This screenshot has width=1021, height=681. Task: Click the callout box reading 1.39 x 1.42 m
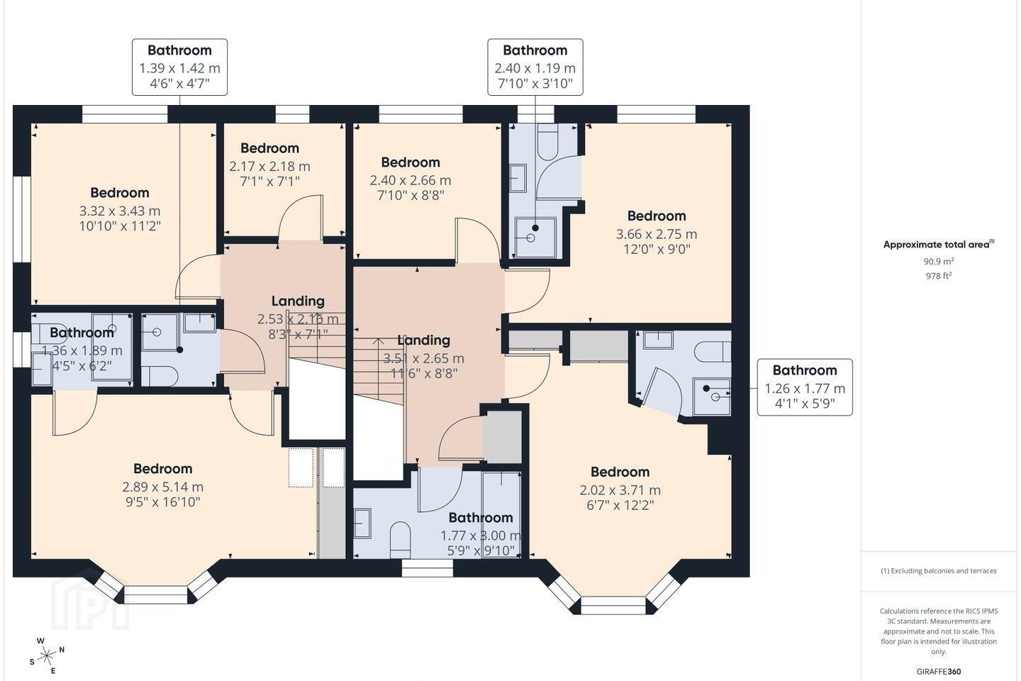tap(179, 67)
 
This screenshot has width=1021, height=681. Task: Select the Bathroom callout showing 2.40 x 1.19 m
tap(535, 67)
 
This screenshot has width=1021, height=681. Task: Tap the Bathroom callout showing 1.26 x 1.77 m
tap(805, 387)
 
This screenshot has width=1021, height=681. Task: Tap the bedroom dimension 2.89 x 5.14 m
tap(163, 487)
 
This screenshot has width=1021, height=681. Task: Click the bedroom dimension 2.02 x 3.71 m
tap(620, 490)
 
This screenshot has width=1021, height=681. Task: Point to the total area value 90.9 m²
tap(939, 261)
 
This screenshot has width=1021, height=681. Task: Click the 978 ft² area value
tap(939, 275)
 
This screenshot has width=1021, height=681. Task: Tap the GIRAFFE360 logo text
tap(939, 671)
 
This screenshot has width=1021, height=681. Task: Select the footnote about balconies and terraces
tap(939, 570)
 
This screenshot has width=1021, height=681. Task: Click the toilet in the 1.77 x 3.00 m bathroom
tap(401, 540)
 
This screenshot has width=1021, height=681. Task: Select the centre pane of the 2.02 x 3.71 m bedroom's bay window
tap(613, 605)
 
